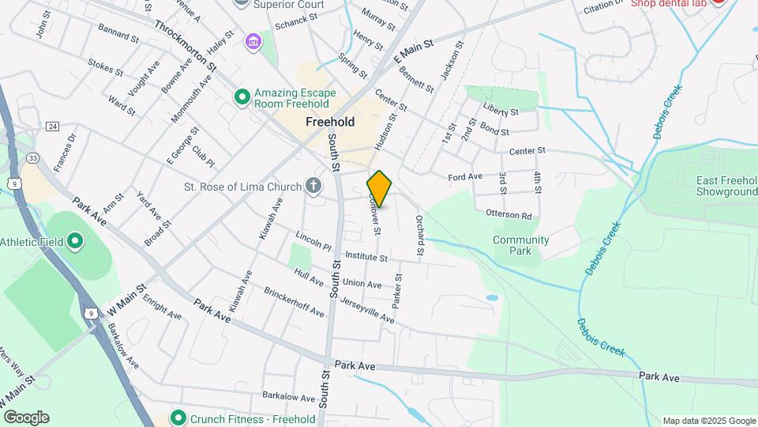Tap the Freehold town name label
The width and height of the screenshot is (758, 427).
coord(330,123)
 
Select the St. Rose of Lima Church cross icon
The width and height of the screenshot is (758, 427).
coord(313,187)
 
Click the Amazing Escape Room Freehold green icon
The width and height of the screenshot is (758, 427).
coord(242,97)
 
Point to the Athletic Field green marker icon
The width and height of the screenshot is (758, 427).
coord(75,241)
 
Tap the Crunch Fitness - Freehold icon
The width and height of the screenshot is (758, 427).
coord(178,418)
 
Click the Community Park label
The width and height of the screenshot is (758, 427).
coord(520,245)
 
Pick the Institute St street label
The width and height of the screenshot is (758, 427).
coord(366,257)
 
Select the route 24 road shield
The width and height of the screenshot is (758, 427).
coord(53,127)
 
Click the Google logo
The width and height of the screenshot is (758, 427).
coord(26,418)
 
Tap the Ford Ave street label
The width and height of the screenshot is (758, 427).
coord(464,177)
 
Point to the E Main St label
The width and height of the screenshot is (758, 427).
coord(415,54)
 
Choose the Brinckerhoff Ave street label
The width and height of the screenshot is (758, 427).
coord(294,302)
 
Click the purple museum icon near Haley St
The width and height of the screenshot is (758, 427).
coord(253,40)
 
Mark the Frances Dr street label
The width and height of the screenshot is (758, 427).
coord(65,152)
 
